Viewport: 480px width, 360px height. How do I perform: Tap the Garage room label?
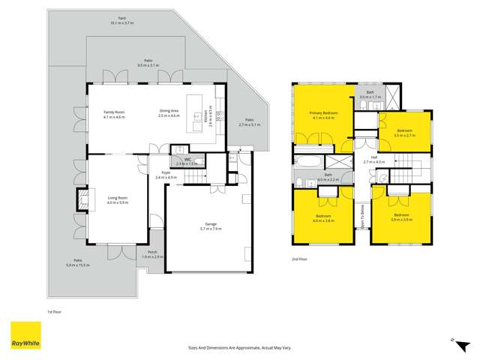click(x=212, y=226)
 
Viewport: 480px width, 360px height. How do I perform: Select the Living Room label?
click(x=118, y=200)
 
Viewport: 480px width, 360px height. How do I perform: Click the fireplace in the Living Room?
click(x=82, y=200)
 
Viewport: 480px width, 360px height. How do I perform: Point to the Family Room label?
click(x=114, y=114)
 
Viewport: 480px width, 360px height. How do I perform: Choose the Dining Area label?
click(x=170, y=114)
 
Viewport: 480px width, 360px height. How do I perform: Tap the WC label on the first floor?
click(x=179, y=161)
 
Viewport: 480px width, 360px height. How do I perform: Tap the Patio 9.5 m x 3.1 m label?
click(x=150, y=63)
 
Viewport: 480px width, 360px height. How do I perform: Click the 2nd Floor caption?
click(x=300, y=259)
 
